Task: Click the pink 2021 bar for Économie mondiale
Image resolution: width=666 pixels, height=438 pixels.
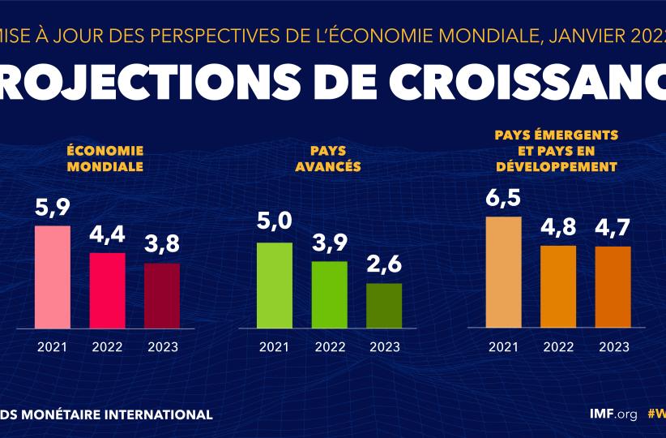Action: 52,277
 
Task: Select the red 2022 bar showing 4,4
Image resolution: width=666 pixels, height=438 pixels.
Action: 107,290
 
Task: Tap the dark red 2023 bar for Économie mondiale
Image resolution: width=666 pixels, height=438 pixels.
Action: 162,295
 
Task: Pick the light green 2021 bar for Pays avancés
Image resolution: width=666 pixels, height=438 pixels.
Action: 274,285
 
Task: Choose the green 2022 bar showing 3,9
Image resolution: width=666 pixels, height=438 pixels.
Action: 329,294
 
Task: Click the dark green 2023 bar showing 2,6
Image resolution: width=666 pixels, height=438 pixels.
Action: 384,306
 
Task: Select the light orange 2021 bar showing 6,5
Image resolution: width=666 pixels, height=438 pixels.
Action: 503,272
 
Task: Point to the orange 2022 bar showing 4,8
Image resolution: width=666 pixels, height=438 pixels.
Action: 558,286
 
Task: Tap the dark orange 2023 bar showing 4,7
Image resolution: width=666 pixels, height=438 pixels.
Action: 613,287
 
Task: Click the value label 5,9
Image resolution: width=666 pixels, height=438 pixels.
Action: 52,208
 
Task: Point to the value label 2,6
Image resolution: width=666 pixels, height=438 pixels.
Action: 384,266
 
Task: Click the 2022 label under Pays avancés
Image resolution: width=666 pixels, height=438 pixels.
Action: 329,347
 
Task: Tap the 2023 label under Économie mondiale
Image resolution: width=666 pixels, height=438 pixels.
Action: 162,347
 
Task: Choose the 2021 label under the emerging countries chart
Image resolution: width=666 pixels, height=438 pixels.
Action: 503,347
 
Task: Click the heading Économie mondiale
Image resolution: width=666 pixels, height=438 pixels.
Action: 105,159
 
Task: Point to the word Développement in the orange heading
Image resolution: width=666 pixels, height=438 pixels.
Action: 556,166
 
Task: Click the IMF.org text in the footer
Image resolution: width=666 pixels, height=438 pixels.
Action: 613,414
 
